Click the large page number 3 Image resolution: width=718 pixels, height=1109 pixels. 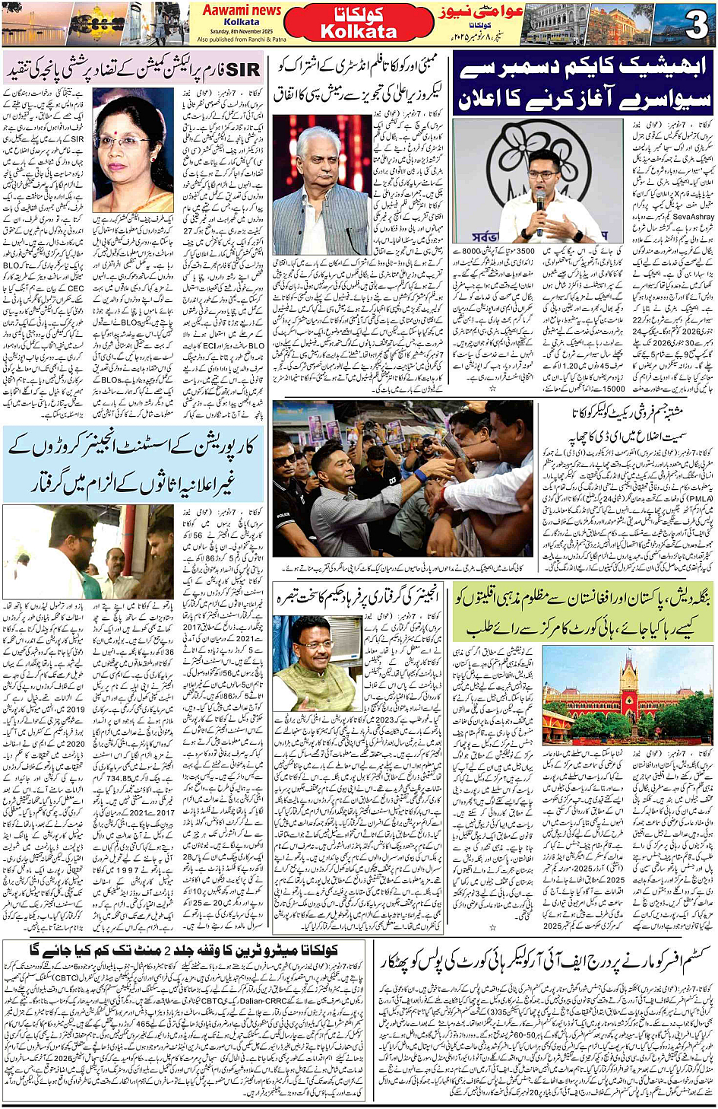[x=695, y=25]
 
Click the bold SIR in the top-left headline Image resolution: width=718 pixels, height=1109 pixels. [x=243, y=70]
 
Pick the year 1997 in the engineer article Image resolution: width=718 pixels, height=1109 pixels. [x=129, y=869]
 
